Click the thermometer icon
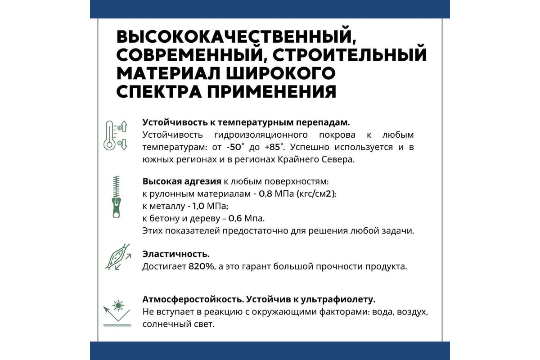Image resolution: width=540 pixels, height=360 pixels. click(x=115, y=135)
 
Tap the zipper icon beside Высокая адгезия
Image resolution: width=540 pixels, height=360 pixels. click(x=116, y=197)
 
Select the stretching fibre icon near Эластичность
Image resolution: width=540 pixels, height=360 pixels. click(x=117, y=257)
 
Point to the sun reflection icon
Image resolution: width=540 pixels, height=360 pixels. click(x=117, y=311)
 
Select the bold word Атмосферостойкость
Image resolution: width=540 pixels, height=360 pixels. click(x=186, y=300)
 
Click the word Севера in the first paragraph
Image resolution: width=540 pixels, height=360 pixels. click(x=339, y=159)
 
